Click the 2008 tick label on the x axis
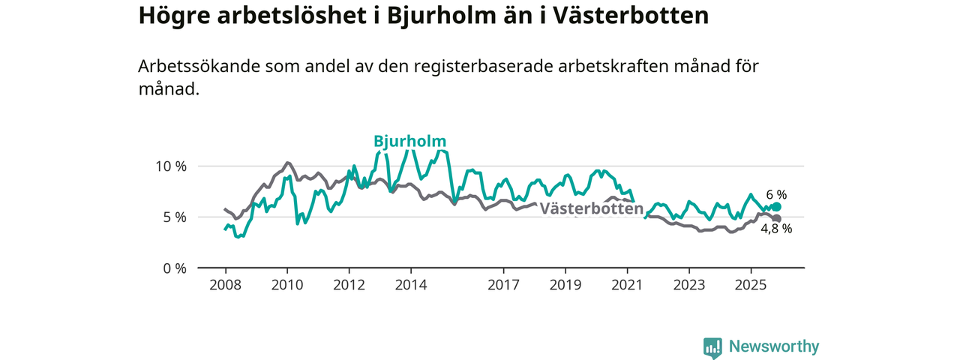tap(225, 285)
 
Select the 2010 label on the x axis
tap(286, 285)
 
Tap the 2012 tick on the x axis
tap(349, 285)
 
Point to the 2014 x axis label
tap(411, 285)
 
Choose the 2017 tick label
tap(503, 285)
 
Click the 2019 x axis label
tap(565, 285)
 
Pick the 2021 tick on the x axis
tap(627, 285)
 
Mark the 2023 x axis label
tap(688, 285)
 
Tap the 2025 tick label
tap(751, 285)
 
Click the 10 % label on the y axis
tap(170, 166)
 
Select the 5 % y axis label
tap(174, 217)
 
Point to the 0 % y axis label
tap(174, 268)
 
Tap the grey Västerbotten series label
tap(592, 209)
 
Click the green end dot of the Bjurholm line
tap(777, 206)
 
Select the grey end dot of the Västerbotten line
tap(777, 218)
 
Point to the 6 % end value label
tap(776, 194)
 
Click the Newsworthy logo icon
tap(712, 347)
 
